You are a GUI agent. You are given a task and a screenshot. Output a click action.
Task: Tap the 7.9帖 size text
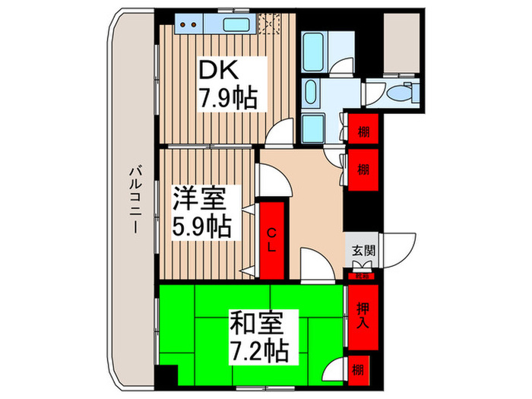coord(228,98)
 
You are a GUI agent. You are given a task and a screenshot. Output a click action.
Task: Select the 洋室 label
coord(200,200)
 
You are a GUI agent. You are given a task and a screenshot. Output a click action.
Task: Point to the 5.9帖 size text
coord(201,226)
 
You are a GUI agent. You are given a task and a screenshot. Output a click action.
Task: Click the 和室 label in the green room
coord(259,325)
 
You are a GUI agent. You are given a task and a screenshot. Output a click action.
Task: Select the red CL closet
coord(271,239)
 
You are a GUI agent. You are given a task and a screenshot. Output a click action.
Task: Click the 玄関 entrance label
coord(362,251)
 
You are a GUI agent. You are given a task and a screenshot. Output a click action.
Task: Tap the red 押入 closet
coord(363,312)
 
